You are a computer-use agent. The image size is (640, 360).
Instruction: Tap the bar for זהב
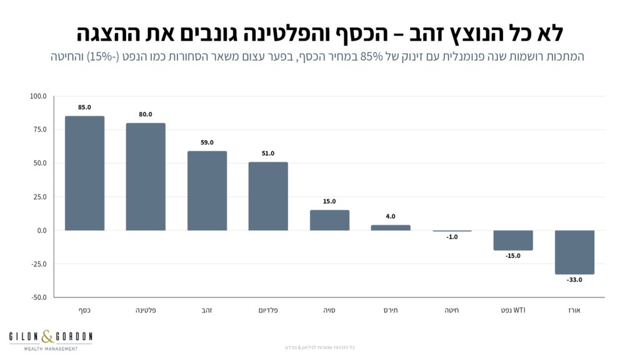tap(207, 191)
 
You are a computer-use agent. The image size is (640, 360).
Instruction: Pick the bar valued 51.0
tap(268, 196)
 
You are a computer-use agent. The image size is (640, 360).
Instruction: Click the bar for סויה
tap(329, 220)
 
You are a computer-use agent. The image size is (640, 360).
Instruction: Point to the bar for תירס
tap(391, 227)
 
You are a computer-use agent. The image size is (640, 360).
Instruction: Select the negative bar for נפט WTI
tap(513, 240)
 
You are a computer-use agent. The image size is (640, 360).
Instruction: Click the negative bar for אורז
tap(574, 252)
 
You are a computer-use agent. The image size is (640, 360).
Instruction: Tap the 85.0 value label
tap(84, 107)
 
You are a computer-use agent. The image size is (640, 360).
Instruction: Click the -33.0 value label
tap(574, 280)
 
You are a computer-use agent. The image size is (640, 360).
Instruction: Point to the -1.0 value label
tap(452, 237)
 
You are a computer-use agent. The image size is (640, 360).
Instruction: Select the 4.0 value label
tap(391, 216)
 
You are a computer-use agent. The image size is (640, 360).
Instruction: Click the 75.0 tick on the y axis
tap(38, 129)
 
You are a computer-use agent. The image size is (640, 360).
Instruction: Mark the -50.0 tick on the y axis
tap(37, 297)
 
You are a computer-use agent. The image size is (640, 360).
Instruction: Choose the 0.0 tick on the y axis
tap(41, 231)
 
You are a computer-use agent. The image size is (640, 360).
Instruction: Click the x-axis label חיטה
tap(452, 310)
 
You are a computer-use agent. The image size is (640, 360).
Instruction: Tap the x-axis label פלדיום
tap(268, 310)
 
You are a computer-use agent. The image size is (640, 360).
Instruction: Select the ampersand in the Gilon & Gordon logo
tap(49, 337)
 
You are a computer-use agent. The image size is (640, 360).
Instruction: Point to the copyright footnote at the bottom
tap(319, 347)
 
